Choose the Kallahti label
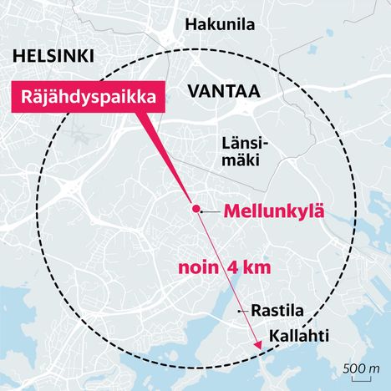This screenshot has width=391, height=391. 298,337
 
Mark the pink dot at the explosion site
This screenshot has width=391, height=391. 195,208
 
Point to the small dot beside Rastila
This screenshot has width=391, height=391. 242,311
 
